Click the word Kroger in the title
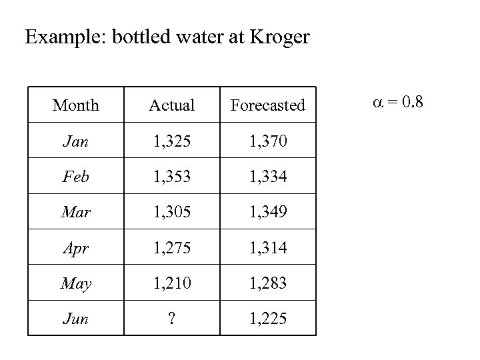tap(280, 37)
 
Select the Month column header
tap(75, 105)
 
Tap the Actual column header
tap(171, 105)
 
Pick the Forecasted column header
tap(267, 105)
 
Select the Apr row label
tap(75, 247)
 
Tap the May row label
tap(75, 283)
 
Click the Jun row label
tap(75, 319)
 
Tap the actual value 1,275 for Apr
tap(171, 247)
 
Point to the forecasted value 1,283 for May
tap(267, 283)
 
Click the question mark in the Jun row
tap(171, 319)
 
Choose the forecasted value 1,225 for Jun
tap(267, 319)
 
